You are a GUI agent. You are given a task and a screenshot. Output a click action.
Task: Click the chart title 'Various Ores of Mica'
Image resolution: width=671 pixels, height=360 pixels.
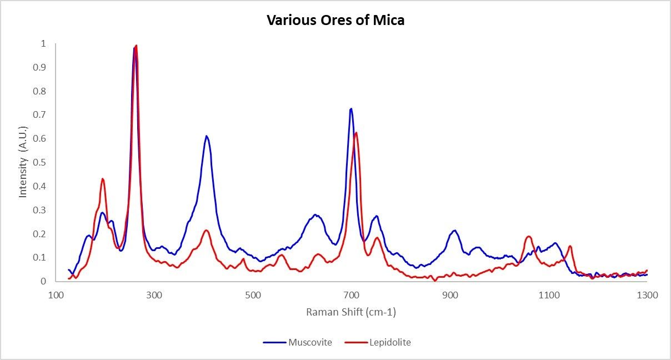point(335,21)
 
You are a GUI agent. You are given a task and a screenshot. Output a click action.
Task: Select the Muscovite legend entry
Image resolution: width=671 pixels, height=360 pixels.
point(309,342)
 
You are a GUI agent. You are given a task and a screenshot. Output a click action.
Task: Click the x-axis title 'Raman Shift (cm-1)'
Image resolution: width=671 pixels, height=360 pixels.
point(351,312)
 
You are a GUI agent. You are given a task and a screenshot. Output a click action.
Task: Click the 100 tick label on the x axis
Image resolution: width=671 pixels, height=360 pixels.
point(56,295)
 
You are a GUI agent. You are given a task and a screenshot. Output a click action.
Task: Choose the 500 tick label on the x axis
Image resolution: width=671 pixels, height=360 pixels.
point(253,295)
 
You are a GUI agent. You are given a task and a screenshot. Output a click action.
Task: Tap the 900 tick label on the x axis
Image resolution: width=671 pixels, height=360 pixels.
point(450,295)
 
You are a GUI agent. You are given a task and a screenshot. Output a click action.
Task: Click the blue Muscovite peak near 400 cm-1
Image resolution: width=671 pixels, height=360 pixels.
point(206,136)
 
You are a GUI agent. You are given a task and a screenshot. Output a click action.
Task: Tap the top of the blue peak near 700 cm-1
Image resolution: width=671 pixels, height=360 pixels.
point(351,109)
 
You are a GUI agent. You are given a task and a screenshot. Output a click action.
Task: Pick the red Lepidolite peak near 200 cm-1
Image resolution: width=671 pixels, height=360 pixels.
point(103,179)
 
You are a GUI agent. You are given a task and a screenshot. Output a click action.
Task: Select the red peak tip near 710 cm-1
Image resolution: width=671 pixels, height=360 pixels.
point(356,133)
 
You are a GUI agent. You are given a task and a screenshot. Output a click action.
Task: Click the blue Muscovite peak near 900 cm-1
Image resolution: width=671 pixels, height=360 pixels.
point(454,231)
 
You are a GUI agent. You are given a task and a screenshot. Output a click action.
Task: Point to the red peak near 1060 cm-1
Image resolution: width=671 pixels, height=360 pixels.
point(529,237)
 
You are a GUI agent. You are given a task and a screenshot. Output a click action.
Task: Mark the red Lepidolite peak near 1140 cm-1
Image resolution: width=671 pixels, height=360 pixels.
point(570,246)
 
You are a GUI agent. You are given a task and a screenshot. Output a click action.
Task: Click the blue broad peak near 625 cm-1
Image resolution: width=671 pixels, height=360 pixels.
point(315,214)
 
